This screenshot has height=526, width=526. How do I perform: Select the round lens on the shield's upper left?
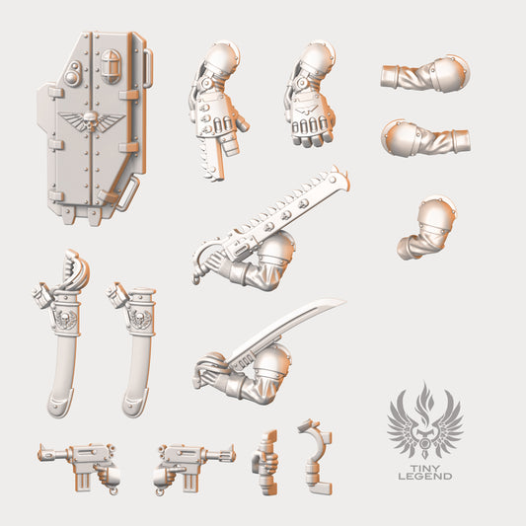click(x=71, y=77)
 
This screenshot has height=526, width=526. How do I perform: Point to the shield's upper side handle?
click(x=148, y=68)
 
